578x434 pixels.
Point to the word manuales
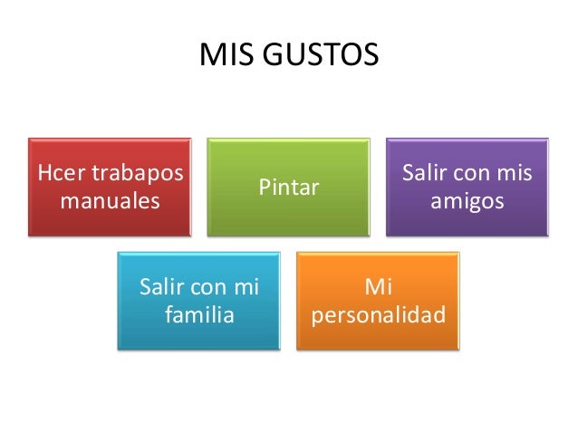pyautogui.click(x=109, y=199)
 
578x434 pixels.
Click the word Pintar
pyautogui.click(x=289, y=188)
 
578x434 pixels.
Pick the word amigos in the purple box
pyautogui.click(x=467, y=199)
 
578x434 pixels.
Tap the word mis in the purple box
pyautogui.click(x=515, y=173)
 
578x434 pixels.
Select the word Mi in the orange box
pyautogui.click(x=378, y=289)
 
